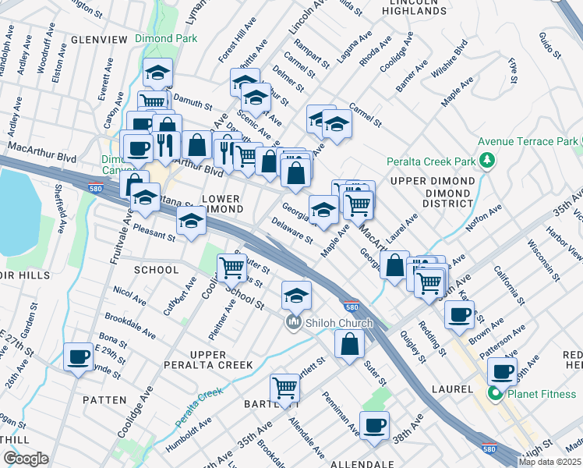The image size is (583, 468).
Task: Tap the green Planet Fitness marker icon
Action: click(x=493, y=393)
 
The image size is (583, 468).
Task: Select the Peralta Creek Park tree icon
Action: click(x=488, y=161)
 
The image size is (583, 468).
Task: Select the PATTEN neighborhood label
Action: click(x=104, y=399)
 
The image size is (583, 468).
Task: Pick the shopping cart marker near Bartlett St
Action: click(x=284, y=388)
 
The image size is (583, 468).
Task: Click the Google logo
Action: click(x=26, y=459)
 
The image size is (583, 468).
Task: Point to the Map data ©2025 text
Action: click(x=549, y=462)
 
